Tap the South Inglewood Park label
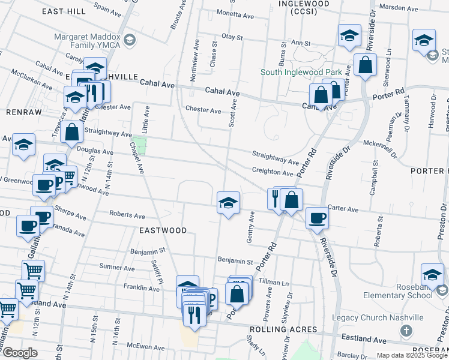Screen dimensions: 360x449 pyautogui.click(x=304, y=73)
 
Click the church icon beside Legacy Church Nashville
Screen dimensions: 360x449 pyautogui.click(x=406, y=331)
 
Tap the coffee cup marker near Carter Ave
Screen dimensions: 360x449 pyautogui.click(x=316, y=218)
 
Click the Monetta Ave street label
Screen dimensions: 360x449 pyautogui.click(x=220, y=13)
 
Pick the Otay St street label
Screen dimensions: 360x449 pyautogui.click(x=232, y=37)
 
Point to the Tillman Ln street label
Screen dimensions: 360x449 pyautogui.click(x=274, y=282)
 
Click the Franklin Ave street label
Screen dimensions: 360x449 pyautogui.click(x=142, y=289)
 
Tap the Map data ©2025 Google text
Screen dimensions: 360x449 pyautogui.click(x=412, y=355)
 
